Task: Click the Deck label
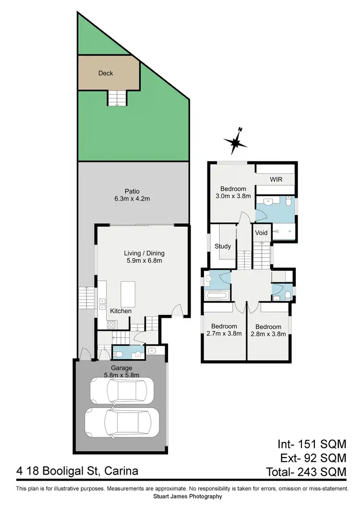[106, 73]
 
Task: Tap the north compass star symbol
[235, 141]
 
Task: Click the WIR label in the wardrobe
[276, 179]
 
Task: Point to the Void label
[261, 233]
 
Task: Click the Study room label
[223, 246]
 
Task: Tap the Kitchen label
[120, 311]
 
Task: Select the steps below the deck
[117, 98]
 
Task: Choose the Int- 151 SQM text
[312, 444]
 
